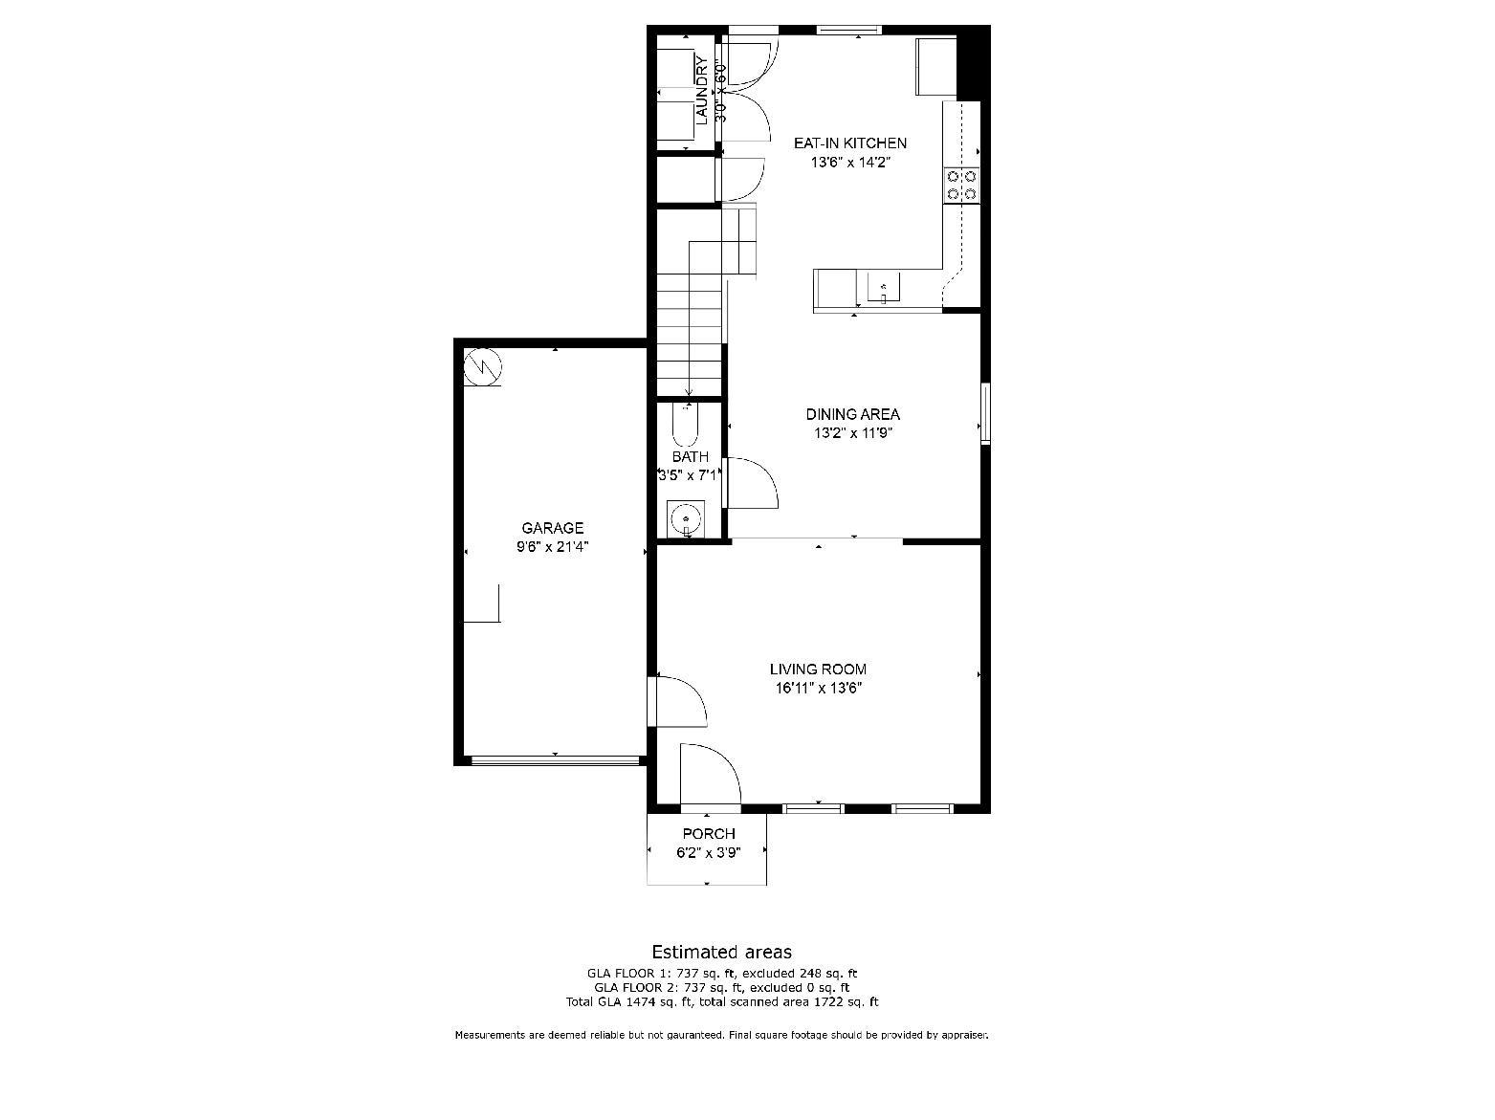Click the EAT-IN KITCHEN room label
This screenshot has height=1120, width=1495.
[849, 143]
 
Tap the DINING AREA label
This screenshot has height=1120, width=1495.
[852, 414]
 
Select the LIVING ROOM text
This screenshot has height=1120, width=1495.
[818, 670]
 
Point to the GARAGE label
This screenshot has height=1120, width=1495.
[552, 528]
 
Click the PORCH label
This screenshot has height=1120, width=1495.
[708, 834]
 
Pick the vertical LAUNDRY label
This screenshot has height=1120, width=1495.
[701, 91]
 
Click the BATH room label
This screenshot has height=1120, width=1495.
[690, 457]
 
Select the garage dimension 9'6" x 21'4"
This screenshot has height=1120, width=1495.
[552, 547]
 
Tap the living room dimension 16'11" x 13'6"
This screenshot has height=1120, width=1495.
[818, 688]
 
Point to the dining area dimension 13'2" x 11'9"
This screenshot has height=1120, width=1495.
[852, 432]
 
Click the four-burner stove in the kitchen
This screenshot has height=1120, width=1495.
[961, 185]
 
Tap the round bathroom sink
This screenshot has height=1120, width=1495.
[686, 520]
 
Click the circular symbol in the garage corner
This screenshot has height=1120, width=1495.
[483, 365]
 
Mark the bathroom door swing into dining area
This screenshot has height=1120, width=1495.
[752, 484]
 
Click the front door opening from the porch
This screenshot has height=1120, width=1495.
[709, 776]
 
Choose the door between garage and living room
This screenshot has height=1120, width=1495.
[677, 702]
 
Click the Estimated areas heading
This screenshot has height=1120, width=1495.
[721, 952]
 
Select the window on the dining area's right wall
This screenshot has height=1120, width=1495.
[985, 413]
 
